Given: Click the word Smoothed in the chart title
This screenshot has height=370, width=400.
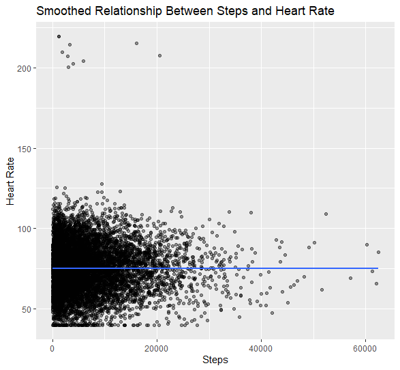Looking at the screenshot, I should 63,12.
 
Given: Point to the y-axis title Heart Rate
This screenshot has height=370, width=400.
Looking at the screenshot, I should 10,181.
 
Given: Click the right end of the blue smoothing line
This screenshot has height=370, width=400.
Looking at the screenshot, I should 378,268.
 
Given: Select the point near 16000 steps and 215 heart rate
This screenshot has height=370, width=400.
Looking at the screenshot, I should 136,43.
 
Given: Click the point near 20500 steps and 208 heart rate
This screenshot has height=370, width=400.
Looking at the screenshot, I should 159,55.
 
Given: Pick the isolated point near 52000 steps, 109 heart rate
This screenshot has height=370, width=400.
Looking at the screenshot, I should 326,214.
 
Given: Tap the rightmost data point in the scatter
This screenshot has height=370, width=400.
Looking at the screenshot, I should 378,251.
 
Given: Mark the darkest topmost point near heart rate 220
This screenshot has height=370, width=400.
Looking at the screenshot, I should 59,36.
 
